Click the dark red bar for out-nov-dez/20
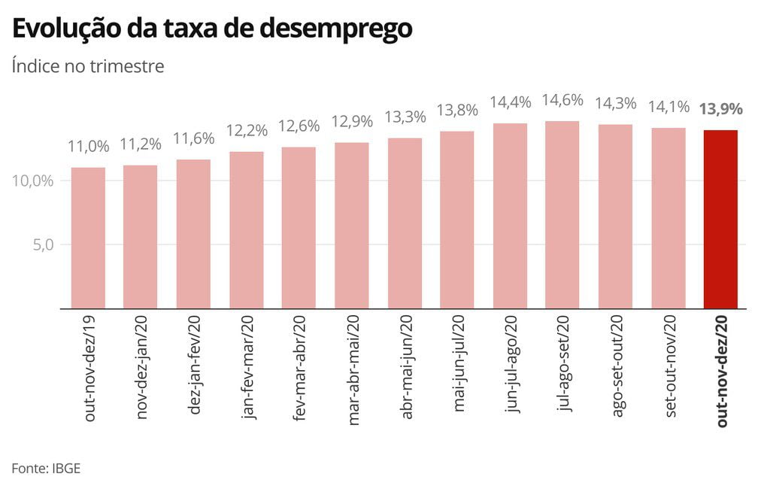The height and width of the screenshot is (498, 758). coord(720,219)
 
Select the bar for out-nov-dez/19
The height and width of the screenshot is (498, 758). coord(88,238)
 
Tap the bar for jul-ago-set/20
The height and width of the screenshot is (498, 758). coord(562,214)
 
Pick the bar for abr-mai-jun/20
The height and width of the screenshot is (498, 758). coord(405,223)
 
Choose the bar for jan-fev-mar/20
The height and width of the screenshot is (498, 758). coord(247,230)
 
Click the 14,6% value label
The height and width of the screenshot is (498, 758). coord(562,100)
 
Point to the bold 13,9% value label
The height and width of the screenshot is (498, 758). coord(720,109)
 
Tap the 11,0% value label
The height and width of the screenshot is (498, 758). coord(89,146)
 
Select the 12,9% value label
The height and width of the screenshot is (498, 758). coord(352,121)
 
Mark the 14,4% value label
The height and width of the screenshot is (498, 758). coord(511,102)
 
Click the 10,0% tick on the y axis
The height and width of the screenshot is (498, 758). coord(33,181)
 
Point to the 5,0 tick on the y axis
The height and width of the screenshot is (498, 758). coord(43,244)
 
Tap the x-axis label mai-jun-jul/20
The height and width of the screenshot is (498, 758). coord(458,363)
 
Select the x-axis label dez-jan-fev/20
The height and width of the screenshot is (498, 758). coord(193,365)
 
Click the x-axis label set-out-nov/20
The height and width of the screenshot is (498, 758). coord(670,366)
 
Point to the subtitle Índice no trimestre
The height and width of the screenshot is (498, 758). coord(88,65)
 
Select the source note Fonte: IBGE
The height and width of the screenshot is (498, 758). coord(46,469)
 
